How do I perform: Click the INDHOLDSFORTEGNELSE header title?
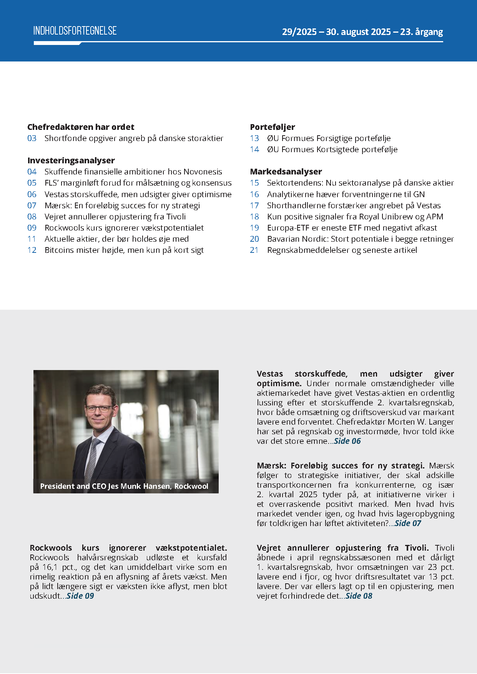(75, 31)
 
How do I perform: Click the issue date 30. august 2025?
(358, 32)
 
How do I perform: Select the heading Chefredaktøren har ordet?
(81, 127)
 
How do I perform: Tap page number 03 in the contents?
(32, 138)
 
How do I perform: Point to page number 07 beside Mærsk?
(32, 206)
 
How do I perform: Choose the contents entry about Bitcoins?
(124, 250)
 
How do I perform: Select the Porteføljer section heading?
(273, 127)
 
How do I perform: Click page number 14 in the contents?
(254, 149)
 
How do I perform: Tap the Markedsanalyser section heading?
(286, 172)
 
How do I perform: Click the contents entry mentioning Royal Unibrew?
(355, 217)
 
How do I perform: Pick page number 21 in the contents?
(254, 250)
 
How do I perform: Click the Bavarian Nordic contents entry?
(360, 239)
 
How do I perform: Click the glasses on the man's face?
(99, 409)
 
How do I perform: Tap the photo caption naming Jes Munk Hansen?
(124, 486)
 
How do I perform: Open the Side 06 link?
(347, 441)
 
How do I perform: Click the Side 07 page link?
(408, 523)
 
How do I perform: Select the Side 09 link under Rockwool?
(80, 596)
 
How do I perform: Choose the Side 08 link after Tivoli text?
(359, 596)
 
